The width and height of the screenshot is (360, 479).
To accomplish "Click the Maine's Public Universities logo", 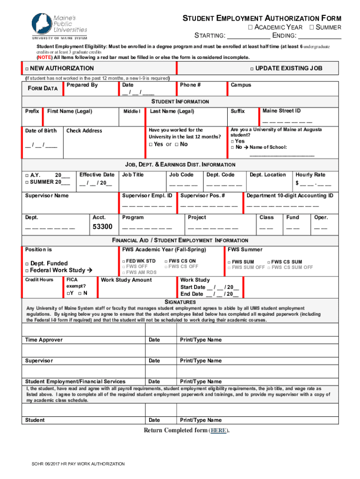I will [x=59, y=25].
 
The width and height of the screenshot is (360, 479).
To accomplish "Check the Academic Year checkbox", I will [x=250, y=28].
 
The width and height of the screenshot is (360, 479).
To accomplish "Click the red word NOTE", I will [x=45, y=57].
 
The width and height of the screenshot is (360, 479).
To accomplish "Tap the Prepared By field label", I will [x=82, y=85].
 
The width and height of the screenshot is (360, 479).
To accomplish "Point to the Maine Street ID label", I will [x=281, y=111].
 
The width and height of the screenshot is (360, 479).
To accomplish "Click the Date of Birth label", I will [x=41, y=131].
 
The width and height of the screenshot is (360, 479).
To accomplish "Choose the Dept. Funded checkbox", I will [x=27, y=264].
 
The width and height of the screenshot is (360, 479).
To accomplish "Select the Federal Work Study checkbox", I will [x=27, y=270].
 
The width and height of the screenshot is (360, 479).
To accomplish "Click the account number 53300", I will [x=102, y=227].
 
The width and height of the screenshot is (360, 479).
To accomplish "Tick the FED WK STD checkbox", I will [x=124, y=261].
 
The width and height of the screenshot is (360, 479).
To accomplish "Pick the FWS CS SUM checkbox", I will [x=269, y=262].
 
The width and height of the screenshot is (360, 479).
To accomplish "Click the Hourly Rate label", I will [x=310, y=174].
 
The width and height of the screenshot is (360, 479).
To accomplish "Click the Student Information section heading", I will [x=180, y=102].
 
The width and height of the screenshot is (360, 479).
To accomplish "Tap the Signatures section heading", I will [x=180, y=302].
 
